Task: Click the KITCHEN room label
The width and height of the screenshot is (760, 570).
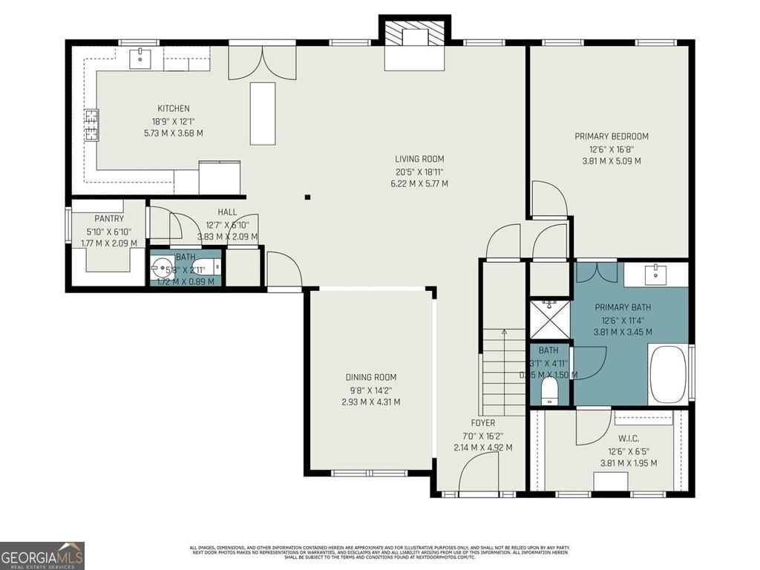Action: tap(173, 108)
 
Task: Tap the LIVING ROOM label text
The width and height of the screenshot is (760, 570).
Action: tap(419, 159)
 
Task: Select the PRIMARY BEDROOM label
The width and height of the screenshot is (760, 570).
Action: tap(612, 137)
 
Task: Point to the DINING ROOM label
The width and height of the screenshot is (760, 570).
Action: tap(371, 377)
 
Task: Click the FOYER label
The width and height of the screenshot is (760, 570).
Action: tap(482, 423)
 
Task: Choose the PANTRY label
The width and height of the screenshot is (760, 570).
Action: tap(109, 219)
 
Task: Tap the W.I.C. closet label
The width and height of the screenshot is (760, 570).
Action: tap(629, 439)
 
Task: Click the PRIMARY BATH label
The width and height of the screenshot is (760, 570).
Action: tap(622, 307)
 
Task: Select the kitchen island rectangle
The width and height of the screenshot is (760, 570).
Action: tap(263, 114)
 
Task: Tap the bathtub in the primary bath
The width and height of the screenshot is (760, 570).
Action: tap(668, 375)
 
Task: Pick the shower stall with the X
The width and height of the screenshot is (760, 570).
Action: tap(548, 318)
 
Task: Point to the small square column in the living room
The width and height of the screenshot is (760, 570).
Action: tap(307, 197)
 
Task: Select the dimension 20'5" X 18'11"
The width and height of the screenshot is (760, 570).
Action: tap(420, 171)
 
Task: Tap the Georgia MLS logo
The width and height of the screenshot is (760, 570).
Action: tap(42, 555)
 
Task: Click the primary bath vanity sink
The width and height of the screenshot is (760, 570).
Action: tap(656, 274)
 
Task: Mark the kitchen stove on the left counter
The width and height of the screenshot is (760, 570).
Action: tap(91, 125)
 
